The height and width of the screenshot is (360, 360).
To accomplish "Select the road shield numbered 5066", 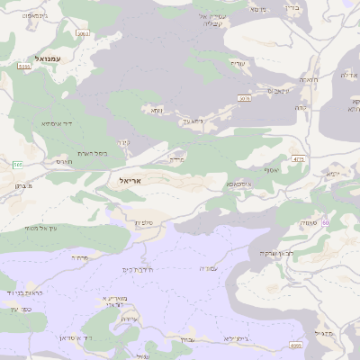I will [x=83, y=33].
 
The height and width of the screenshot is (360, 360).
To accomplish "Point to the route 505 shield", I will [x=17, y=164].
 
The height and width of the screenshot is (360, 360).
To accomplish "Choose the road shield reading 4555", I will [x=295, y=345].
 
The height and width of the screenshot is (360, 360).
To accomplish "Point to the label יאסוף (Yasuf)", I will [x=270, y=169].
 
